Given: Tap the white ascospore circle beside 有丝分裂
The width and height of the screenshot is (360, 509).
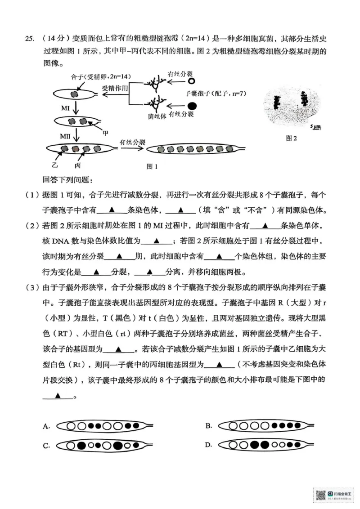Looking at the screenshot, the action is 192,81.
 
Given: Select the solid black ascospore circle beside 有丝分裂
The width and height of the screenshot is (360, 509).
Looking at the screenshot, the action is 192,106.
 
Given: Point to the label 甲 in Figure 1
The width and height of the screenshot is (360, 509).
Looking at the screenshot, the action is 106,133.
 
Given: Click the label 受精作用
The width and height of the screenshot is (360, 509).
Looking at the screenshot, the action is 116,87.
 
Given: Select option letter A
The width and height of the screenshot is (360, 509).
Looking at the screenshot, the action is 46,427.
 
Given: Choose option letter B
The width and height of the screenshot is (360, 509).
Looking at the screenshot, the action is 208,426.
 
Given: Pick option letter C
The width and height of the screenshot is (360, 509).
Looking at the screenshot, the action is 46,446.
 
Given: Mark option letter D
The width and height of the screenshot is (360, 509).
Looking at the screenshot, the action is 208,445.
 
